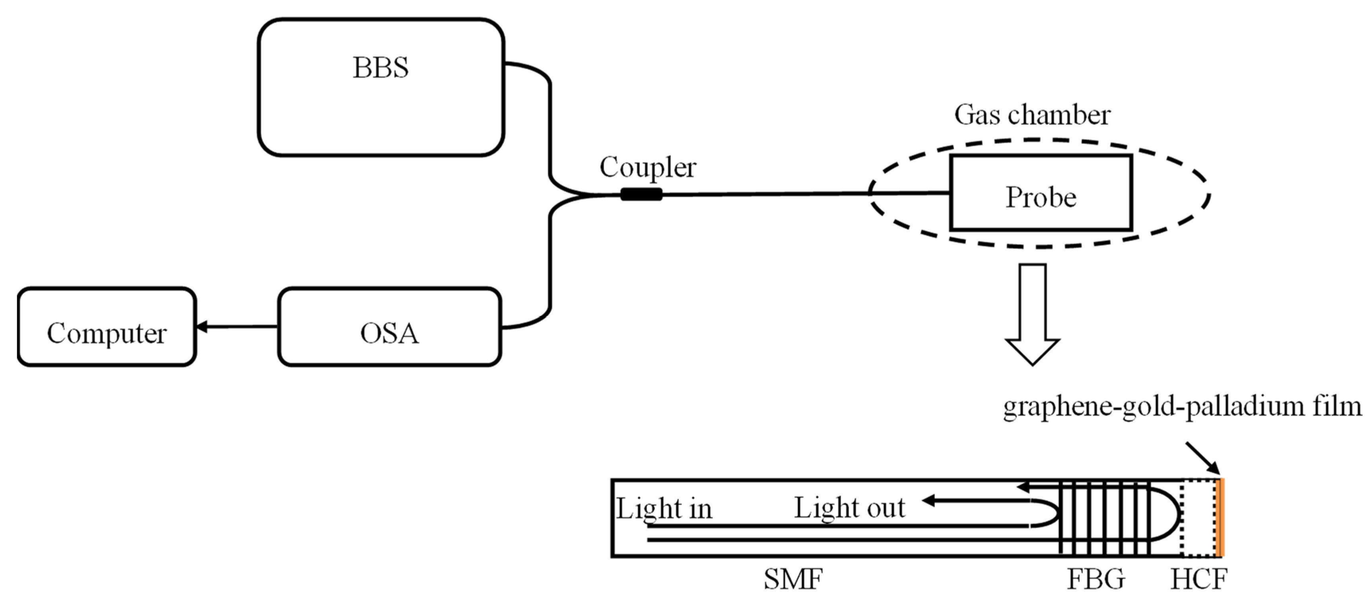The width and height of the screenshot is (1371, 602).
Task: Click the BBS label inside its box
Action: click(x=381, y=68)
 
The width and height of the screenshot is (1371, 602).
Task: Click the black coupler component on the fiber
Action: click(x=641, y=195)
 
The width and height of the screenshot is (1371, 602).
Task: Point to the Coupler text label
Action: click(x=648, y=168)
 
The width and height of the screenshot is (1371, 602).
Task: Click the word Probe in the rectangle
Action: click(x=1041, y=198)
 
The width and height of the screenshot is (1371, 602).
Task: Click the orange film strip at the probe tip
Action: click(x=1218, y=517)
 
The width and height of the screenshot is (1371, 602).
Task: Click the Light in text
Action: click(x=664, y=508)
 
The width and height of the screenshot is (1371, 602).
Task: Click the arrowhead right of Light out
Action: click(x=929, y=500)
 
